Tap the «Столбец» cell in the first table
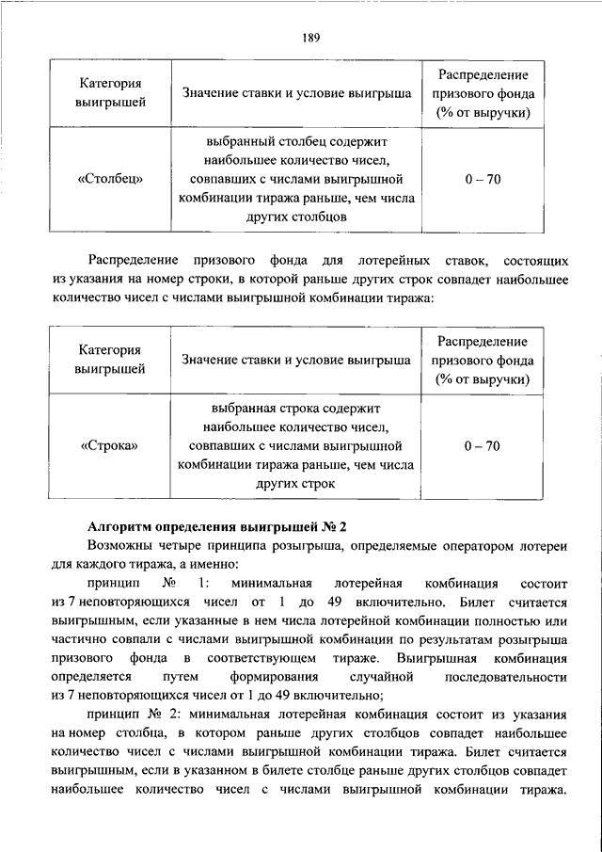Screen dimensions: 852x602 click(110, 180)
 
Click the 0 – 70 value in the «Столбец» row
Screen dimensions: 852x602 click(481, 180)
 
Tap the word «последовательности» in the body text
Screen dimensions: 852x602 click(506, 677)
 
